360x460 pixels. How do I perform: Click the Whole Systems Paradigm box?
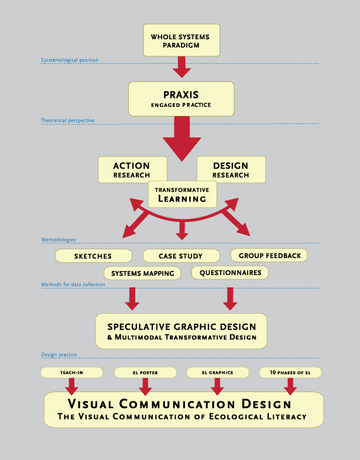(181, 40)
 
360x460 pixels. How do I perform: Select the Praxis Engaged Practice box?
(181, 98)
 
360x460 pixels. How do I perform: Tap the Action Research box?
(132, 169)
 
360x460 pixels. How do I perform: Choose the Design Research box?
(231, 169)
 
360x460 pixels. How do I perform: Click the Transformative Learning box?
(182, 194)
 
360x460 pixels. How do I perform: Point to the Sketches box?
(92, 256)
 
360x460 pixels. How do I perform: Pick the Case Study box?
(181, 256)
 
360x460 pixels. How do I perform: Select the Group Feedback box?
(269, 255)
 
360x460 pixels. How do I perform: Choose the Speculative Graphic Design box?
(181, 331)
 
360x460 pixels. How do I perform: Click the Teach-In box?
(71, 372)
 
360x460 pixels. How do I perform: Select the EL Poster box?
(145, 372)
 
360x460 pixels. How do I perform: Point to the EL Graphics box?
(217, 372)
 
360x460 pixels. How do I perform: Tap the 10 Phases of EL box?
(290, 372)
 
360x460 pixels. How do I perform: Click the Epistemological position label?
(70, 60)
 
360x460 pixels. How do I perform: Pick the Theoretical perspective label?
(67, 121)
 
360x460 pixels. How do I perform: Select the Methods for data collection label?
(73, 285)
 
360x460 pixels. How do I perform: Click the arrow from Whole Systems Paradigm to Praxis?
(181, 67)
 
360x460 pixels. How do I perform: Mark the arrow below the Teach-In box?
(71, 386)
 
